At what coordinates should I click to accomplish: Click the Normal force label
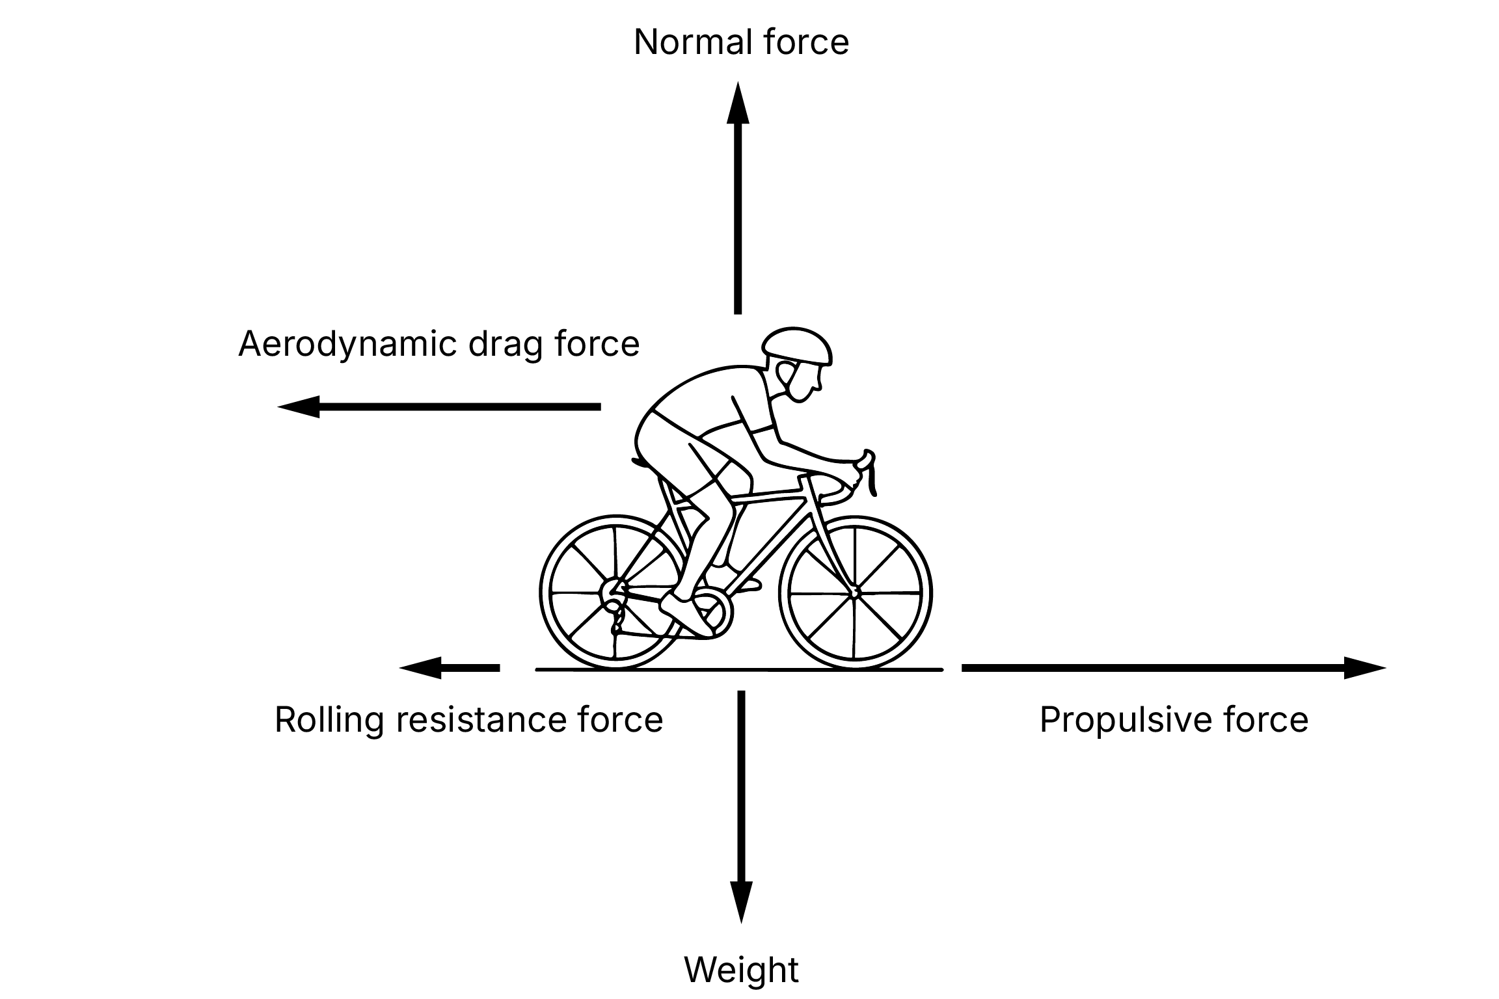741,43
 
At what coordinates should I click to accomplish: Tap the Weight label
741,970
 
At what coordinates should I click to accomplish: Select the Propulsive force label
1174,720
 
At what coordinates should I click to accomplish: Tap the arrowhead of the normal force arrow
738,104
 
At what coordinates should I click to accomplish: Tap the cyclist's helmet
798,345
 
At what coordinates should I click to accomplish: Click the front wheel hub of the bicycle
854,593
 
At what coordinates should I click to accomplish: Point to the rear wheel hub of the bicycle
612,593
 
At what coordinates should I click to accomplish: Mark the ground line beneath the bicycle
739,669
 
